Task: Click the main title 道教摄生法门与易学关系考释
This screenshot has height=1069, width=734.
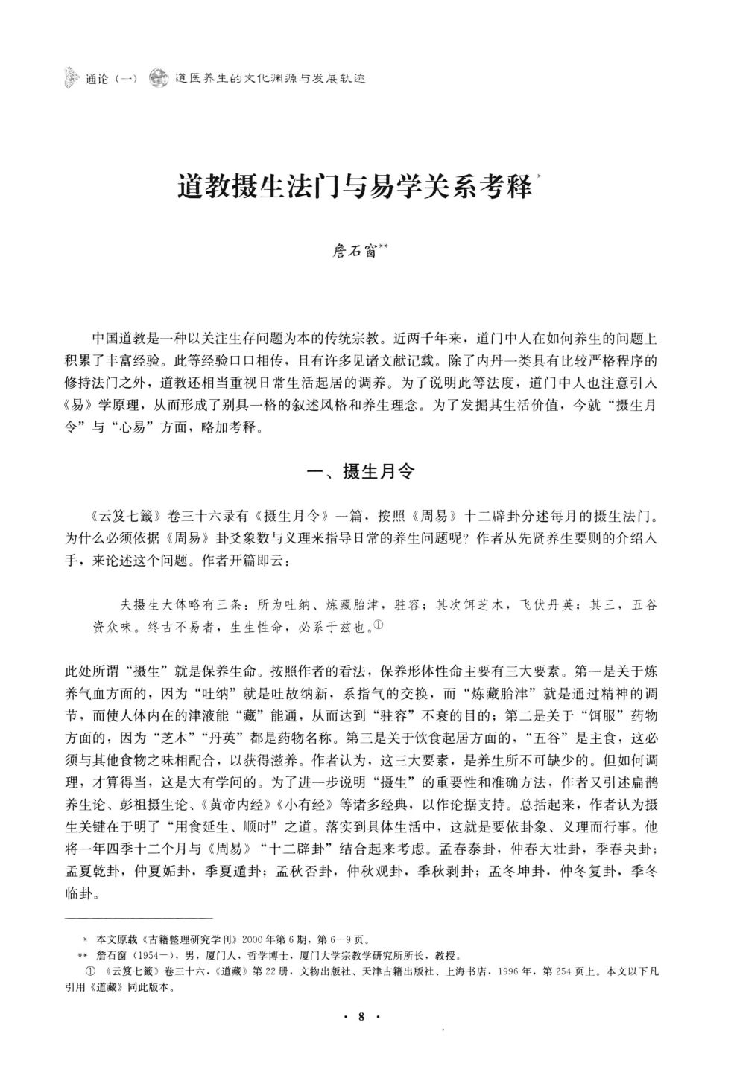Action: [354, 186]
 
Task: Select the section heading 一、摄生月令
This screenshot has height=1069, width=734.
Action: [361, 471]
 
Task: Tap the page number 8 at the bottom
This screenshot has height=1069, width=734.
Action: [361, 1017]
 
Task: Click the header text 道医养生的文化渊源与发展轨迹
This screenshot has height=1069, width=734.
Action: [270, 77]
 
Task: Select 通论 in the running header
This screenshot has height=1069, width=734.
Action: [98, 77]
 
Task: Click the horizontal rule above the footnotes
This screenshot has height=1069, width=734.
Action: [139, 919]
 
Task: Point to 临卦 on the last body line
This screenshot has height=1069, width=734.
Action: [77, 893]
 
